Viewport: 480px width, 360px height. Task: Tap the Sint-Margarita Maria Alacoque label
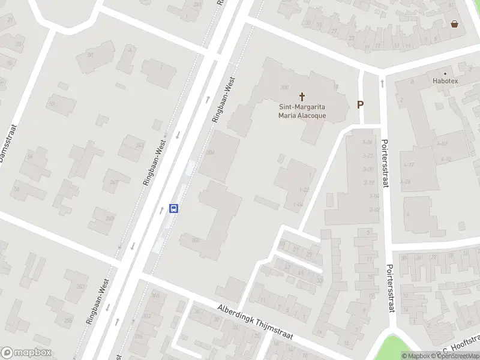tap(302, 112)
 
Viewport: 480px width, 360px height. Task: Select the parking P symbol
tap(361, 104)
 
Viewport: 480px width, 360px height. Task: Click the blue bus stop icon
tap(174, 208)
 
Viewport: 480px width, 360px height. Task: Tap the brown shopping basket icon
tap(455, 24)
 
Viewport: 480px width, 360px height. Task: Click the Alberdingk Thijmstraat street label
tap(255, 321)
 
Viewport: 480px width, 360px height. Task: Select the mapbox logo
tap(27, 353)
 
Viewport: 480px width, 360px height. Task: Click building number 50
tap(91, 55)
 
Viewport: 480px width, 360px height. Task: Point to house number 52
tap(52, 103)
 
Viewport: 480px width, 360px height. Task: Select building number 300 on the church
tap(285, 87)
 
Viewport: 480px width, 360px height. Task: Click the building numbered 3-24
tap(368, 142)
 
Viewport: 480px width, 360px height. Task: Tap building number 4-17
tap(409, 164)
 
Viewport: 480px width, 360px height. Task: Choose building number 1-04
tap(297, 204)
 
